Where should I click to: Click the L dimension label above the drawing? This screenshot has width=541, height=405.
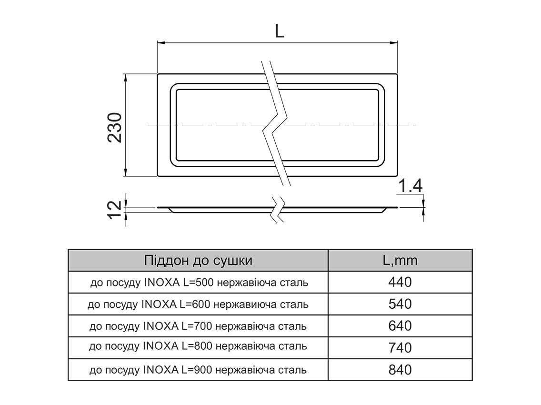tap(279, 31)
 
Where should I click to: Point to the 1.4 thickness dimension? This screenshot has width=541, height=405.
tap(410, 187)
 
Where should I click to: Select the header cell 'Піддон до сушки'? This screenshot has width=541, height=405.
tap(198, 260)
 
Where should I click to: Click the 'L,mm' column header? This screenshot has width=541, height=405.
tap(400, 260)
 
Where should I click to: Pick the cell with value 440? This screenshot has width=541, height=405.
tap(400, 283)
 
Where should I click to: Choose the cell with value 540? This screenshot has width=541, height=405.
tap(400, 304)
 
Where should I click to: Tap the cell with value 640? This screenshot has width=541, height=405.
tap(400, 326)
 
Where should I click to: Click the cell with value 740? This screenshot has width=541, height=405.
tap(400, 348)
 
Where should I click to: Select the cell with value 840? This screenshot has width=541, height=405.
tap(400, 370)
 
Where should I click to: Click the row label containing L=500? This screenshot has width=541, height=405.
tap(199, 283)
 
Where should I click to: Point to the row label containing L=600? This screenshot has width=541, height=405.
tap(198, 304)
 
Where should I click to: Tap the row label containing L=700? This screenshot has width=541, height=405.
tap(198, 326)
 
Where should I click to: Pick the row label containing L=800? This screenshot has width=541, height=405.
tap(198, 348)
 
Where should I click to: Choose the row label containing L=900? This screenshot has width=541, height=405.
tap(198, 370)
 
